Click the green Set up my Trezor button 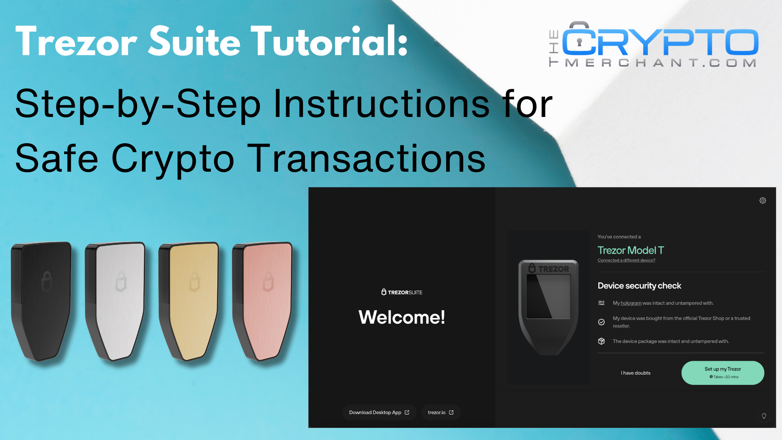723,373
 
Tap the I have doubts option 635,373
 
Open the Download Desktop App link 379,412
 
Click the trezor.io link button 441,412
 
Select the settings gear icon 762,201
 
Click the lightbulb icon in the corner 764,416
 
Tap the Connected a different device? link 626,260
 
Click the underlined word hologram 631,303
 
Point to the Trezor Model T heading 630,250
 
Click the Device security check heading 639,286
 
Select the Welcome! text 402,317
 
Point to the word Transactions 367,158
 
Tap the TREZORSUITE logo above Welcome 402,292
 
